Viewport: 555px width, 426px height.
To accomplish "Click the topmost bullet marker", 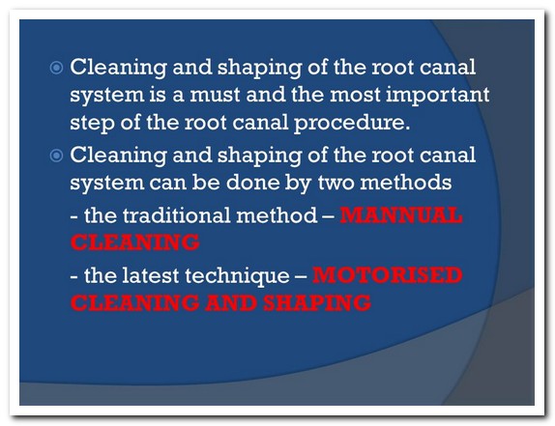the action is (56, 68).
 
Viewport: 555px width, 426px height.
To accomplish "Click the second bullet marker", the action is (56, 156).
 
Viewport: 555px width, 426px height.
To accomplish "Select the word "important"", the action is (437, 96).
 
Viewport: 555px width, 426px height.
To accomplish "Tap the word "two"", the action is (336, 183).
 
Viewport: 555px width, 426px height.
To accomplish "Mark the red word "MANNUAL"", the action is (401, 215).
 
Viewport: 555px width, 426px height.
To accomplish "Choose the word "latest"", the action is (151, 275).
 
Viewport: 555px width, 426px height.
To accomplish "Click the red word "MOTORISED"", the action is (387, 275).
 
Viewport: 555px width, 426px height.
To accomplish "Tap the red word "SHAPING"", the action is (317, 302).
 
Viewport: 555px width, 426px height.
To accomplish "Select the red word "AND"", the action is (231, 302).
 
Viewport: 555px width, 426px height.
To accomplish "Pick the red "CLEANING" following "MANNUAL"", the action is (134, 242).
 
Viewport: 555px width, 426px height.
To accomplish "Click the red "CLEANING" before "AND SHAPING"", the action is (134, 302).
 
